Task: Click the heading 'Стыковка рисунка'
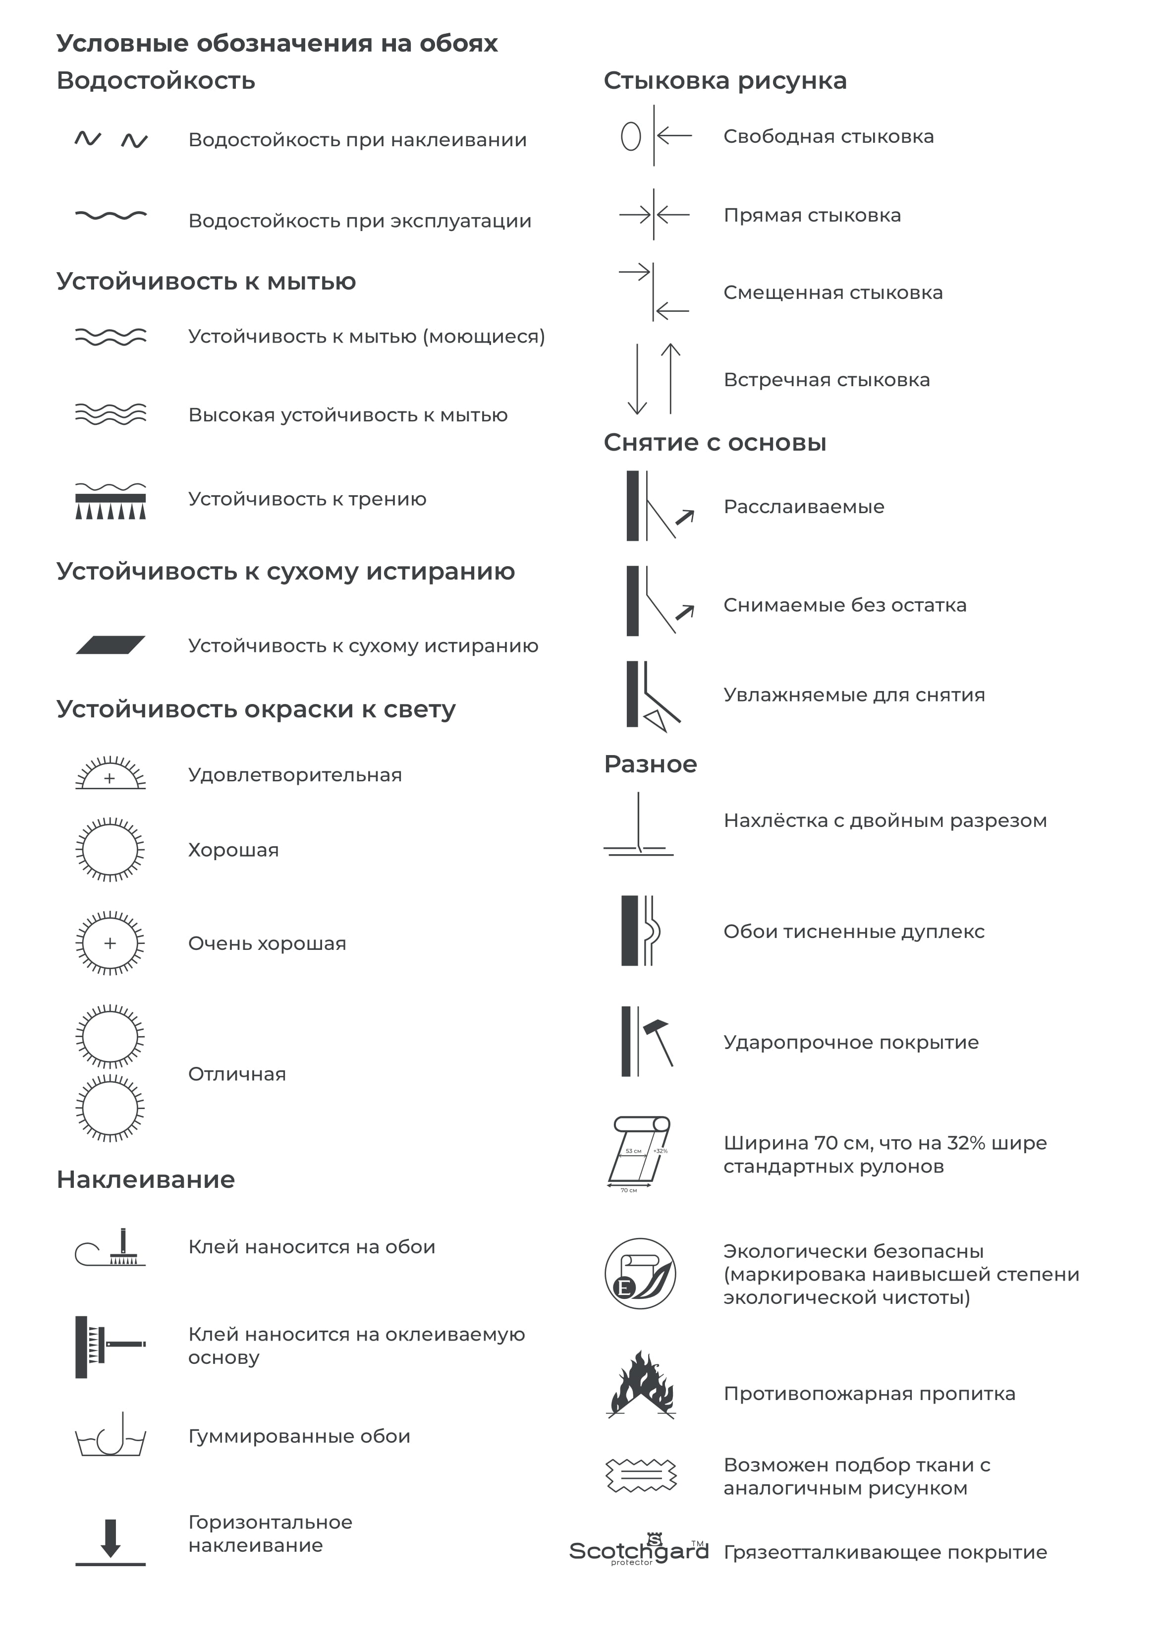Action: [725, 81]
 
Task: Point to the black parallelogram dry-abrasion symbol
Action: [110, 645]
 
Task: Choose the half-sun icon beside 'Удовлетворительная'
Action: [110, 773]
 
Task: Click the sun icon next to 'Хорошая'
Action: [110, 849]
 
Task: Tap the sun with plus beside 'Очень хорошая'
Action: [110, 943]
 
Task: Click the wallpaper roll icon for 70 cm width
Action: [640, 1153]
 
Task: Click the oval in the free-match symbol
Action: [631, 136]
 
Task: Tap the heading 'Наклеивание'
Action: [146, 1179]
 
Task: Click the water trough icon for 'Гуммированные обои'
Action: [110, 1436]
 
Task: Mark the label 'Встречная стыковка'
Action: [826, 380]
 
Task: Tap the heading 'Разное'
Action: [650, 764]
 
